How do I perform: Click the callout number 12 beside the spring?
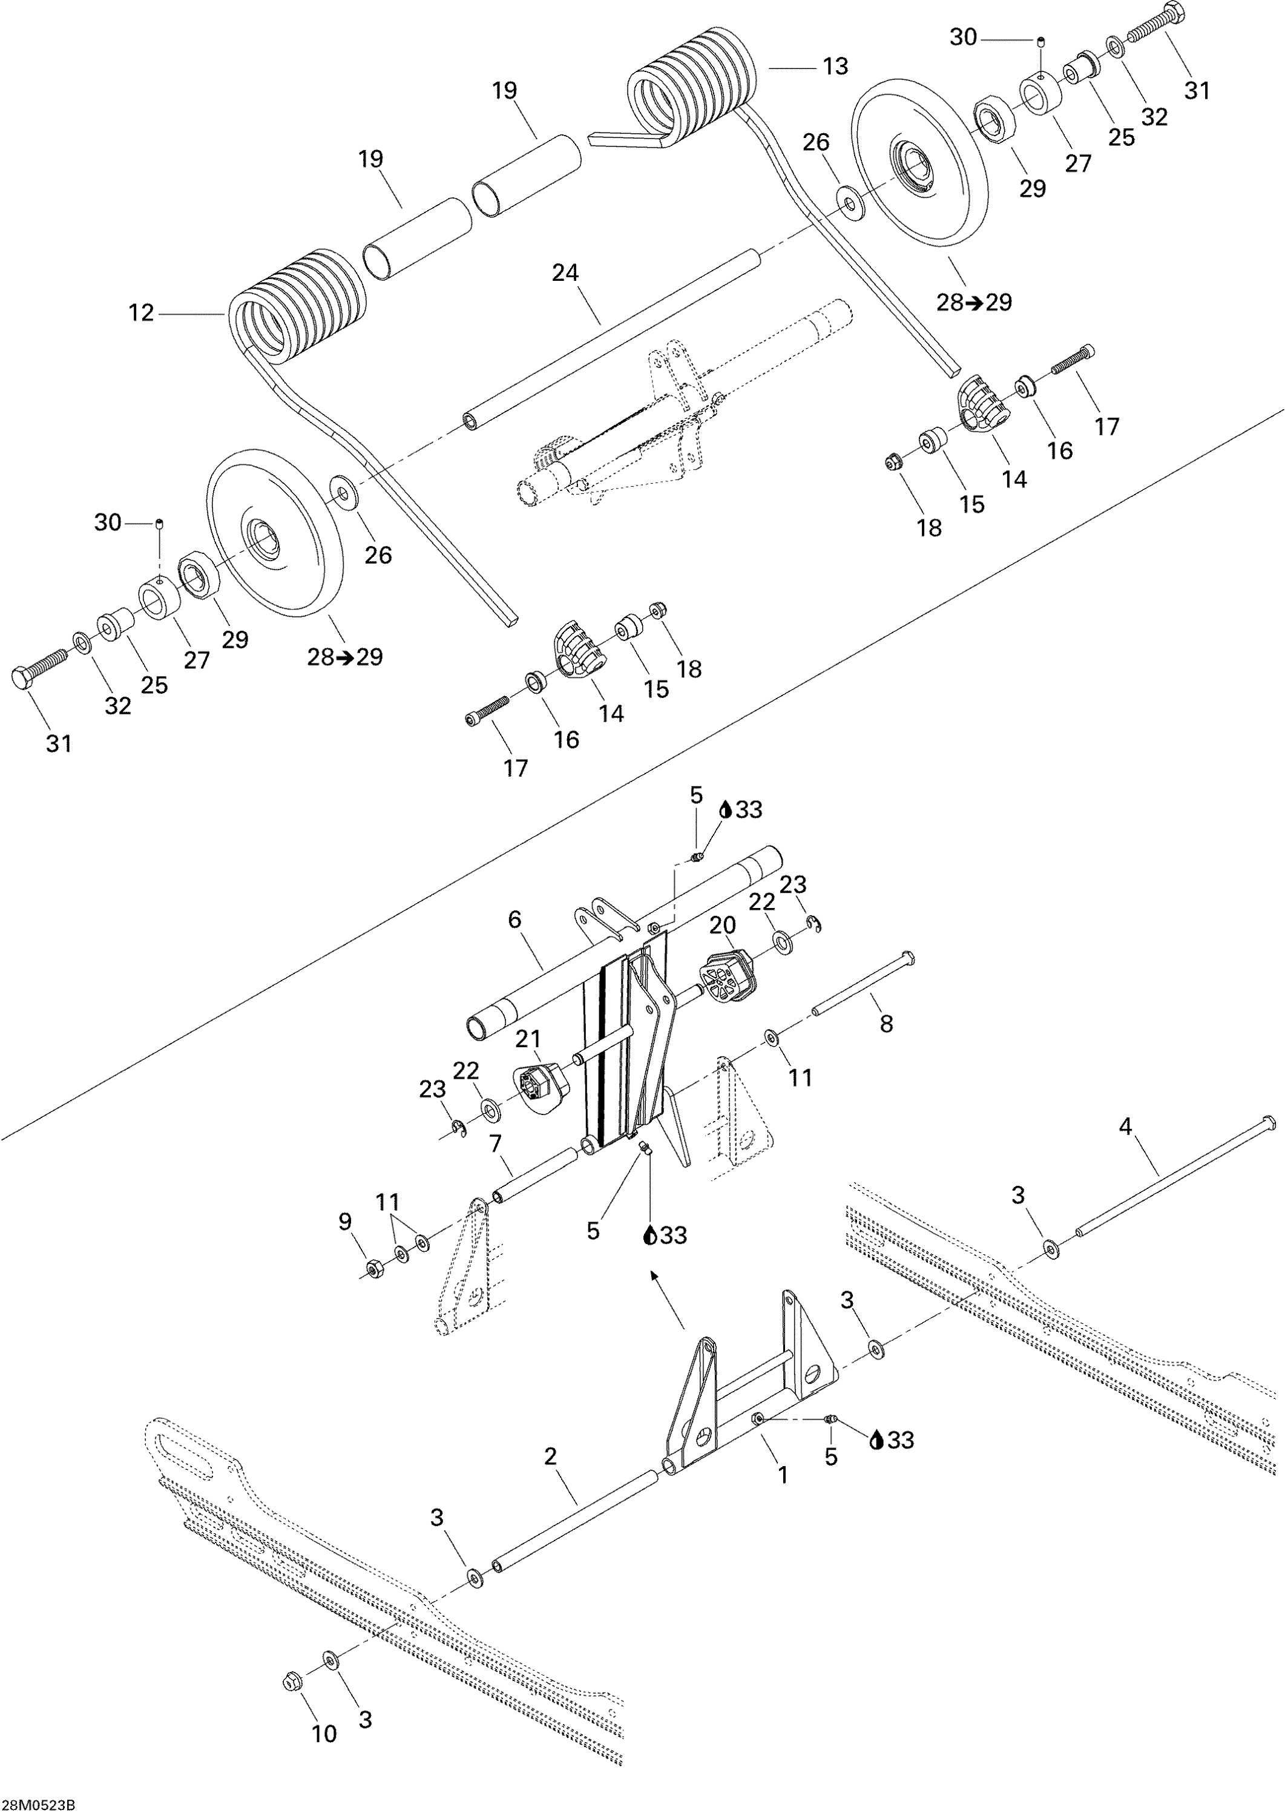click(x=141, y=314)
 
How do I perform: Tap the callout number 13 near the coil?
click(x=835, y=67)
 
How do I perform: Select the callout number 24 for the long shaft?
click(x=565, y=273)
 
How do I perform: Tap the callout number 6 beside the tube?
click(x=514, y=920)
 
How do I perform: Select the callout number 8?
click(x=886, y=1024)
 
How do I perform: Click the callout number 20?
click(x=723, y=924)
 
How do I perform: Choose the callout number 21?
click(x=528, y=1039)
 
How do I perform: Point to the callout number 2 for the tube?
click(x=551, y=1456)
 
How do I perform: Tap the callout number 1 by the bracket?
click(x=783, y=1475)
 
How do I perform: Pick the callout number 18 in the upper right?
click(x=929, y=528)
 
